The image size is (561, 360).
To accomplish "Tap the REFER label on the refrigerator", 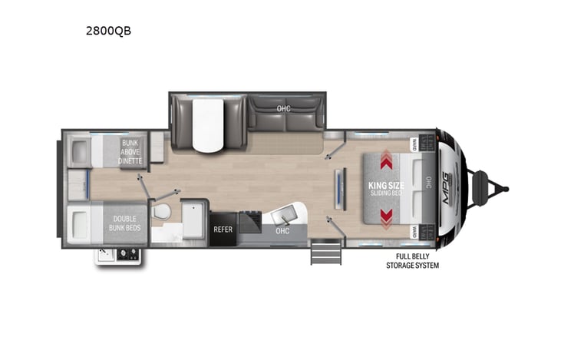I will click(223, 229).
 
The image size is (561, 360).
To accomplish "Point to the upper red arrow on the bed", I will click(385, 161).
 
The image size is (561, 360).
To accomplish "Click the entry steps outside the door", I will click(325, 252).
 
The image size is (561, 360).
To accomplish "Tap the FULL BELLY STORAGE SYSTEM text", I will click(412, 261).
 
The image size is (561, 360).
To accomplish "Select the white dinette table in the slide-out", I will click(207, 123).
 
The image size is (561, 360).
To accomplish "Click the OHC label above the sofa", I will click(284, 109).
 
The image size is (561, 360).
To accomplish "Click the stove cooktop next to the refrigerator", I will click(250, 223).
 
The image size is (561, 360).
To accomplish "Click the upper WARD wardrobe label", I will click(413, 141).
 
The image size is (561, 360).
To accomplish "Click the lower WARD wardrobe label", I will click(413, 230).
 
